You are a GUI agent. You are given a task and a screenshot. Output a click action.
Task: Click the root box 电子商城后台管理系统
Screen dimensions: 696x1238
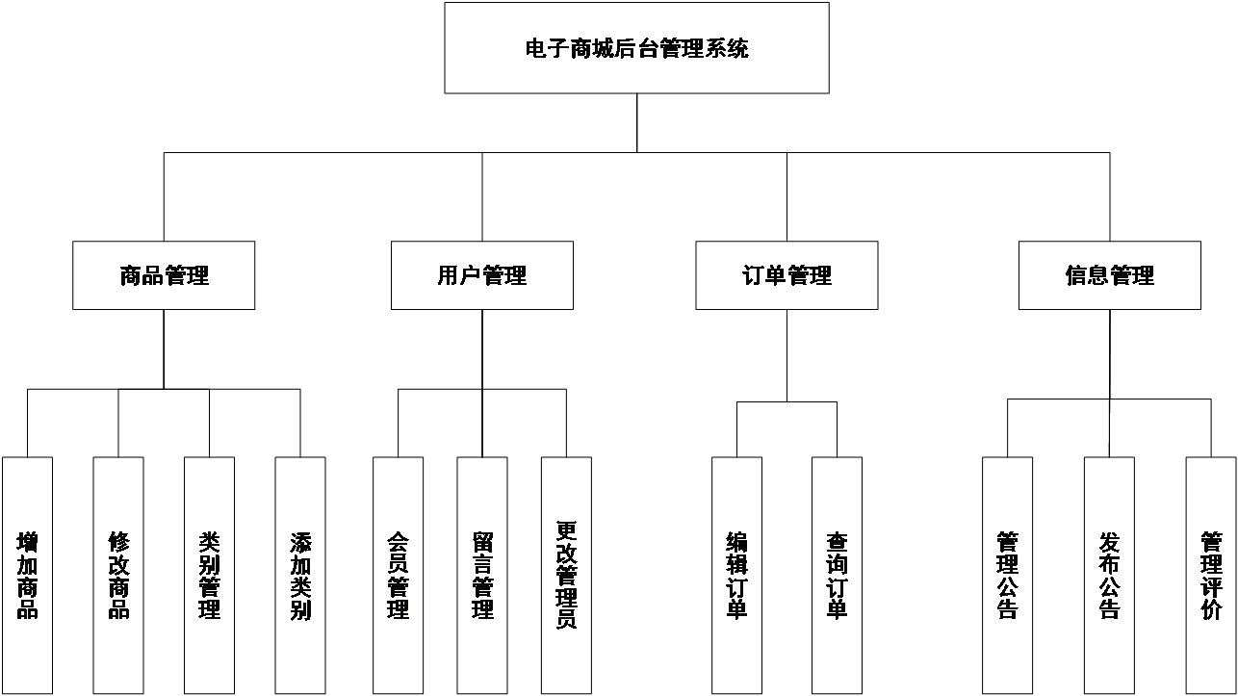point(636,48)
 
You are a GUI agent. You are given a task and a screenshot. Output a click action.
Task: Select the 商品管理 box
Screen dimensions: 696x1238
point(164,275)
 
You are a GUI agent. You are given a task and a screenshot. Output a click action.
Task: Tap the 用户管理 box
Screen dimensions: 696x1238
point(481,275)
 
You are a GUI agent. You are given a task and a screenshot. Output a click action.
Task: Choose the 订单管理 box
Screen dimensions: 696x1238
point(787,275)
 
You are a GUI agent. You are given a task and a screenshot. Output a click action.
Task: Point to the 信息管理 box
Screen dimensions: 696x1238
point(1109,275)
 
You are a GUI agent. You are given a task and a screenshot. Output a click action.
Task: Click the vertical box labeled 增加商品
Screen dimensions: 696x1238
point(27,575)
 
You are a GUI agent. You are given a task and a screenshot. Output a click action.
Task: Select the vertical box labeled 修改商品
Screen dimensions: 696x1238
point(118,575)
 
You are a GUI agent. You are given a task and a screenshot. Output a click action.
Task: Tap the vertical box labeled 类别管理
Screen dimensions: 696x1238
point(209,575)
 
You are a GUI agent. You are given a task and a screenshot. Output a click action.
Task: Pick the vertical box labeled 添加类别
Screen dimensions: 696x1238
point(300,575)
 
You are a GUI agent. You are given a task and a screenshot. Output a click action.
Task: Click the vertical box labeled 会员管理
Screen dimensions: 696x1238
point(398,575)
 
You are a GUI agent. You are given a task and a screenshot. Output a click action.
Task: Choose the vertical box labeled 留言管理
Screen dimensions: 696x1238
point(482,575)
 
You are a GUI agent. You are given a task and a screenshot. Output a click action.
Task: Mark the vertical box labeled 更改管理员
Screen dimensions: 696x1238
point(566,575)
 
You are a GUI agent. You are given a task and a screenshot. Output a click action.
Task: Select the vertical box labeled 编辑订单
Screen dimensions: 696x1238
point(736,575)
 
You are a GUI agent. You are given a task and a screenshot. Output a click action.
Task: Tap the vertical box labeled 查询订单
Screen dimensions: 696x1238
point(837,575)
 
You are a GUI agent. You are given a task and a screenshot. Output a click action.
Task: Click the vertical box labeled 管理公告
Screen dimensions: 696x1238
point(1007,575)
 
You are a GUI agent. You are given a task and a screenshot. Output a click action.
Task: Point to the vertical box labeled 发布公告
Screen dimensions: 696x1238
point(1109,575)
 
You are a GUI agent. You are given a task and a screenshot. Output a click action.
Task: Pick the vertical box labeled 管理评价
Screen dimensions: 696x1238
point(1210,575)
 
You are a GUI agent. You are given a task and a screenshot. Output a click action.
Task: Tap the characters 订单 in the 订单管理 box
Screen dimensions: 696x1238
point(764,276)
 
